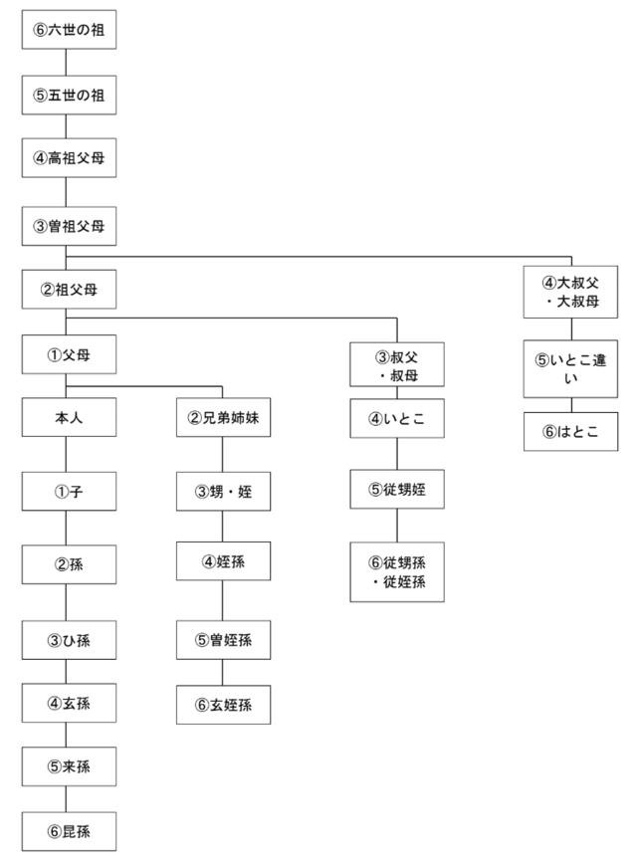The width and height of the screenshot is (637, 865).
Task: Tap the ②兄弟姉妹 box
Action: [223, 418]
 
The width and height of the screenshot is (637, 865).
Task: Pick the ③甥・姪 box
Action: [223, 491]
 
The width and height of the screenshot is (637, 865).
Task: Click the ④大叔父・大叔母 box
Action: [571, 291]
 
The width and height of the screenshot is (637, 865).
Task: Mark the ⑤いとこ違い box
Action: [571, 369]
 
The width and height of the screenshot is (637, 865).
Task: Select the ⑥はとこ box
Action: [571, 432]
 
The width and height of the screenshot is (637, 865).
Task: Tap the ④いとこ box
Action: [397, 418]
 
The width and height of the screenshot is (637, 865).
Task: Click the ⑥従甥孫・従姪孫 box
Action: [397, 572]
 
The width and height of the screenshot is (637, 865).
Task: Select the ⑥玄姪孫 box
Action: [223, 705]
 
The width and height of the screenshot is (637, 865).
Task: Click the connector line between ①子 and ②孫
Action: [66, 528]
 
